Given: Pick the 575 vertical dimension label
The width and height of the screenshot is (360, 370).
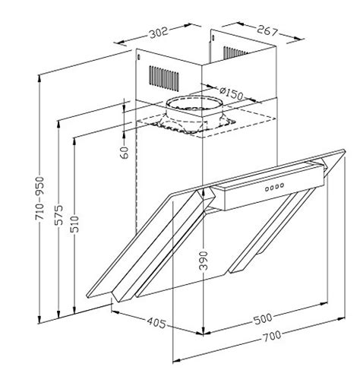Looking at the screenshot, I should point(56,214).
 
